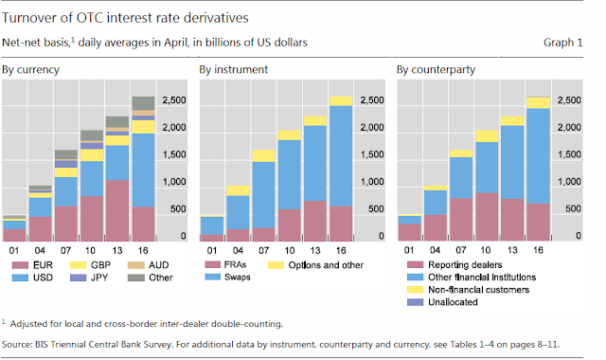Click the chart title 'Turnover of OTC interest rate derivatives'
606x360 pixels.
(125, 18)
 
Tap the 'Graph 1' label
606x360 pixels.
(562, 43)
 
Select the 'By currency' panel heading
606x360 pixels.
(30, 69)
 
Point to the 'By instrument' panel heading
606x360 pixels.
(234, 69)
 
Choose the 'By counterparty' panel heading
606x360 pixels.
(436, 69)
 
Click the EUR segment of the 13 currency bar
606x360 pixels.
(117, 210)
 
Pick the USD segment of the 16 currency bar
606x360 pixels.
(143, 171)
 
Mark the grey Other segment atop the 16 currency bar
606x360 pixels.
(143, 103)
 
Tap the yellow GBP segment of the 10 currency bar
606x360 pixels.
(92, 155)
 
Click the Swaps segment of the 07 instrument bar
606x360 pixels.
(263, 195)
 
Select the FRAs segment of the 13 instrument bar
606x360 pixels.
(315, 221)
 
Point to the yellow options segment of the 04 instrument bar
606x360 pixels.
(238, 190)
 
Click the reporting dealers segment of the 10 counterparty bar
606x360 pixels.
(487, 217)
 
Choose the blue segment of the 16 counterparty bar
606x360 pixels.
(539, 155)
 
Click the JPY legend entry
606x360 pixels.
(89, 278)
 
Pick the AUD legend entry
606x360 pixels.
(149, 265)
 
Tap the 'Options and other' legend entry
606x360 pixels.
(315, 265)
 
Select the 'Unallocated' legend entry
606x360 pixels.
(442, 302)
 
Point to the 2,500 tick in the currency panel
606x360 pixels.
(174, 100)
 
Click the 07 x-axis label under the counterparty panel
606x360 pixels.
(461, 250)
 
